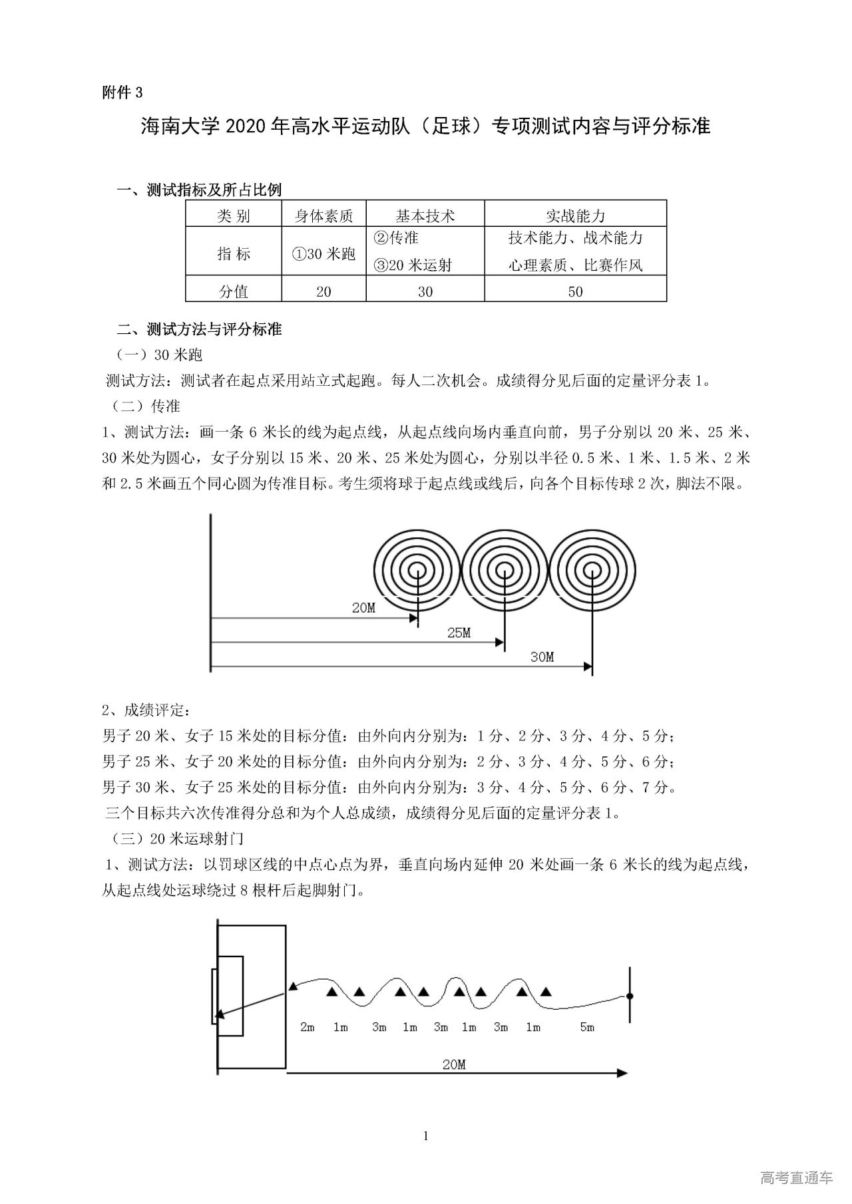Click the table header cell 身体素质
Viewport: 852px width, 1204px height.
point(324,216)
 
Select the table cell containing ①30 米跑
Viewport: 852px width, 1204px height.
point(324,253)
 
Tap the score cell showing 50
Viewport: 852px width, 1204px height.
point(575,291)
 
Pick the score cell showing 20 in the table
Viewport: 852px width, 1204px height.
point(324,291)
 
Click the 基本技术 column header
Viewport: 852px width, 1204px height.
point(425,216)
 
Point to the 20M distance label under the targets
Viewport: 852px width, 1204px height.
point(363,608)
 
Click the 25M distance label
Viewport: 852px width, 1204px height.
point(459,633)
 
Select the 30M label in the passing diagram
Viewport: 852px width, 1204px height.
point(542,657)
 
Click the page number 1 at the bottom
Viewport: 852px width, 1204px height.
point(426,1135)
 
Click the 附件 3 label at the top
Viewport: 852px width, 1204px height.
point(122,92)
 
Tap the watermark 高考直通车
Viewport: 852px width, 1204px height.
point(796,1177)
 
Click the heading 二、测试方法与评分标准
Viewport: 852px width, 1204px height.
point(199,329)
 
